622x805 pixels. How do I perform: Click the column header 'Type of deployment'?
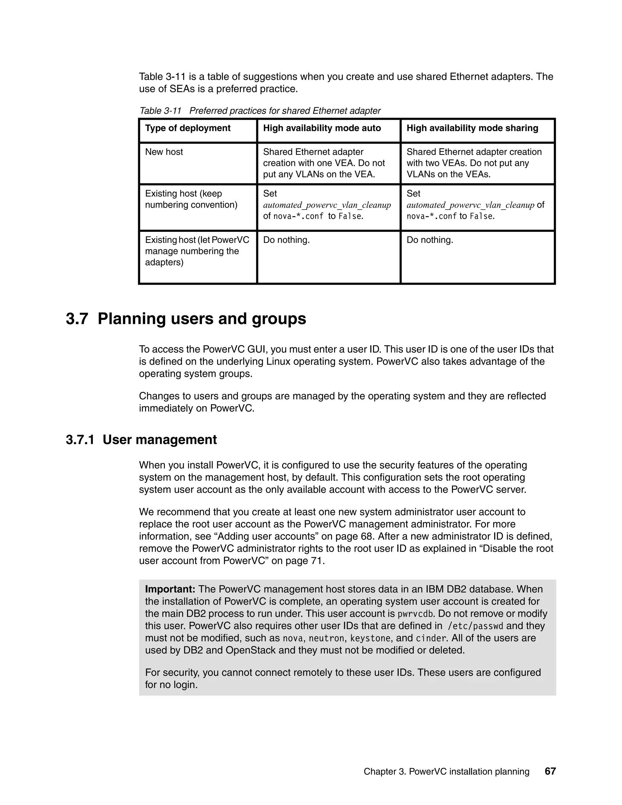[188, 128]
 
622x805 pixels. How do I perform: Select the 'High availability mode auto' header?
[322, 128]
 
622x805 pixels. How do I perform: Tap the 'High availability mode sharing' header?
[472, 128]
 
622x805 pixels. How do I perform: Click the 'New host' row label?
[164, 152]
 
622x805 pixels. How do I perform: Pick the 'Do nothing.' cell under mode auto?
[286, 240]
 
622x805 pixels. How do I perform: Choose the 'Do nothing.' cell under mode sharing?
[430, 240]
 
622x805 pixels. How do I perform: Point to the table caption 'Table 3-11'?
[160, 111]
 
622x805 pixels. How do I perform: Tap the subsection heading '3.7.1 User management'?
[141, 440]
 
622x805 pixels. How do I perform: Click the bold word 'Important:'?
[170, 589]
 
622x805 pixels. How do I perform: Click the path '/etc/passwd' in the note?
[475, 626]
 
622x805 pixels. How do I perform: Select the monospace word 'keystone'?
[370, 638]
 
